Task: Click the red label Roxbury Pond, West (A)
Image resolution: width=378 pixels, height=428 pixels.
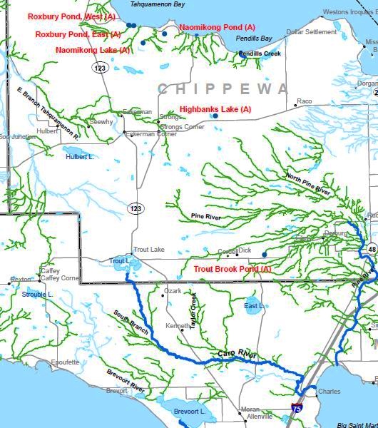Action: [71, 16]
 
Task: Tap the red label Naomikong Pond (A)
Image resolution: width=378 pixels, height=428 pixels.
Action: [217, 27]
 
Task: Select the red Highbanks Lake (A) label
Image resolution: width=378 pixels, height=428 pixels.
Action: [215, 109]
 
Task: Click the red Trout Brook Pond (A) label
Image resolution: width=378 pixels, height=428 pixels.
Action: [233, 269]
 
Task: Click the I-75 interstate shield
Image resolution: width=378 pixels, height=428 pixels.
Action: [297, 409]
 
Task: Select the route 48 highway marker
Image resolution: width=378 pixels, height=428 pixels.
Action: [372, 248]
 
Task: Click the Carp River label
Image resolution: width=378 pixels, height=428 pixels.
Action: [236, 354]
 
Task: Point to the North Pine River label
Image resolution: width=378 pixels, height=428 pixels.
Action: [308, 184]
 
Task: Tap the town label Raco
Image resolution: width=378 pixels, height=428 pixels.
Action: [305, 101]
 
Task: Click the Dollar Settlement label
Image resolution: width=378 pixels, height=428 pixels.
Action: [311, 32]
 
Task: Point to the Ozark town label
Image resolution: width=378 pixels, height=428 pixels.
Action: [173, 291]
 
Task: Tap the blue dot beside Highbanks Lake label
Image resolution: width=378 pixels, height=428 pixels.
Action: [215, 116]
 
